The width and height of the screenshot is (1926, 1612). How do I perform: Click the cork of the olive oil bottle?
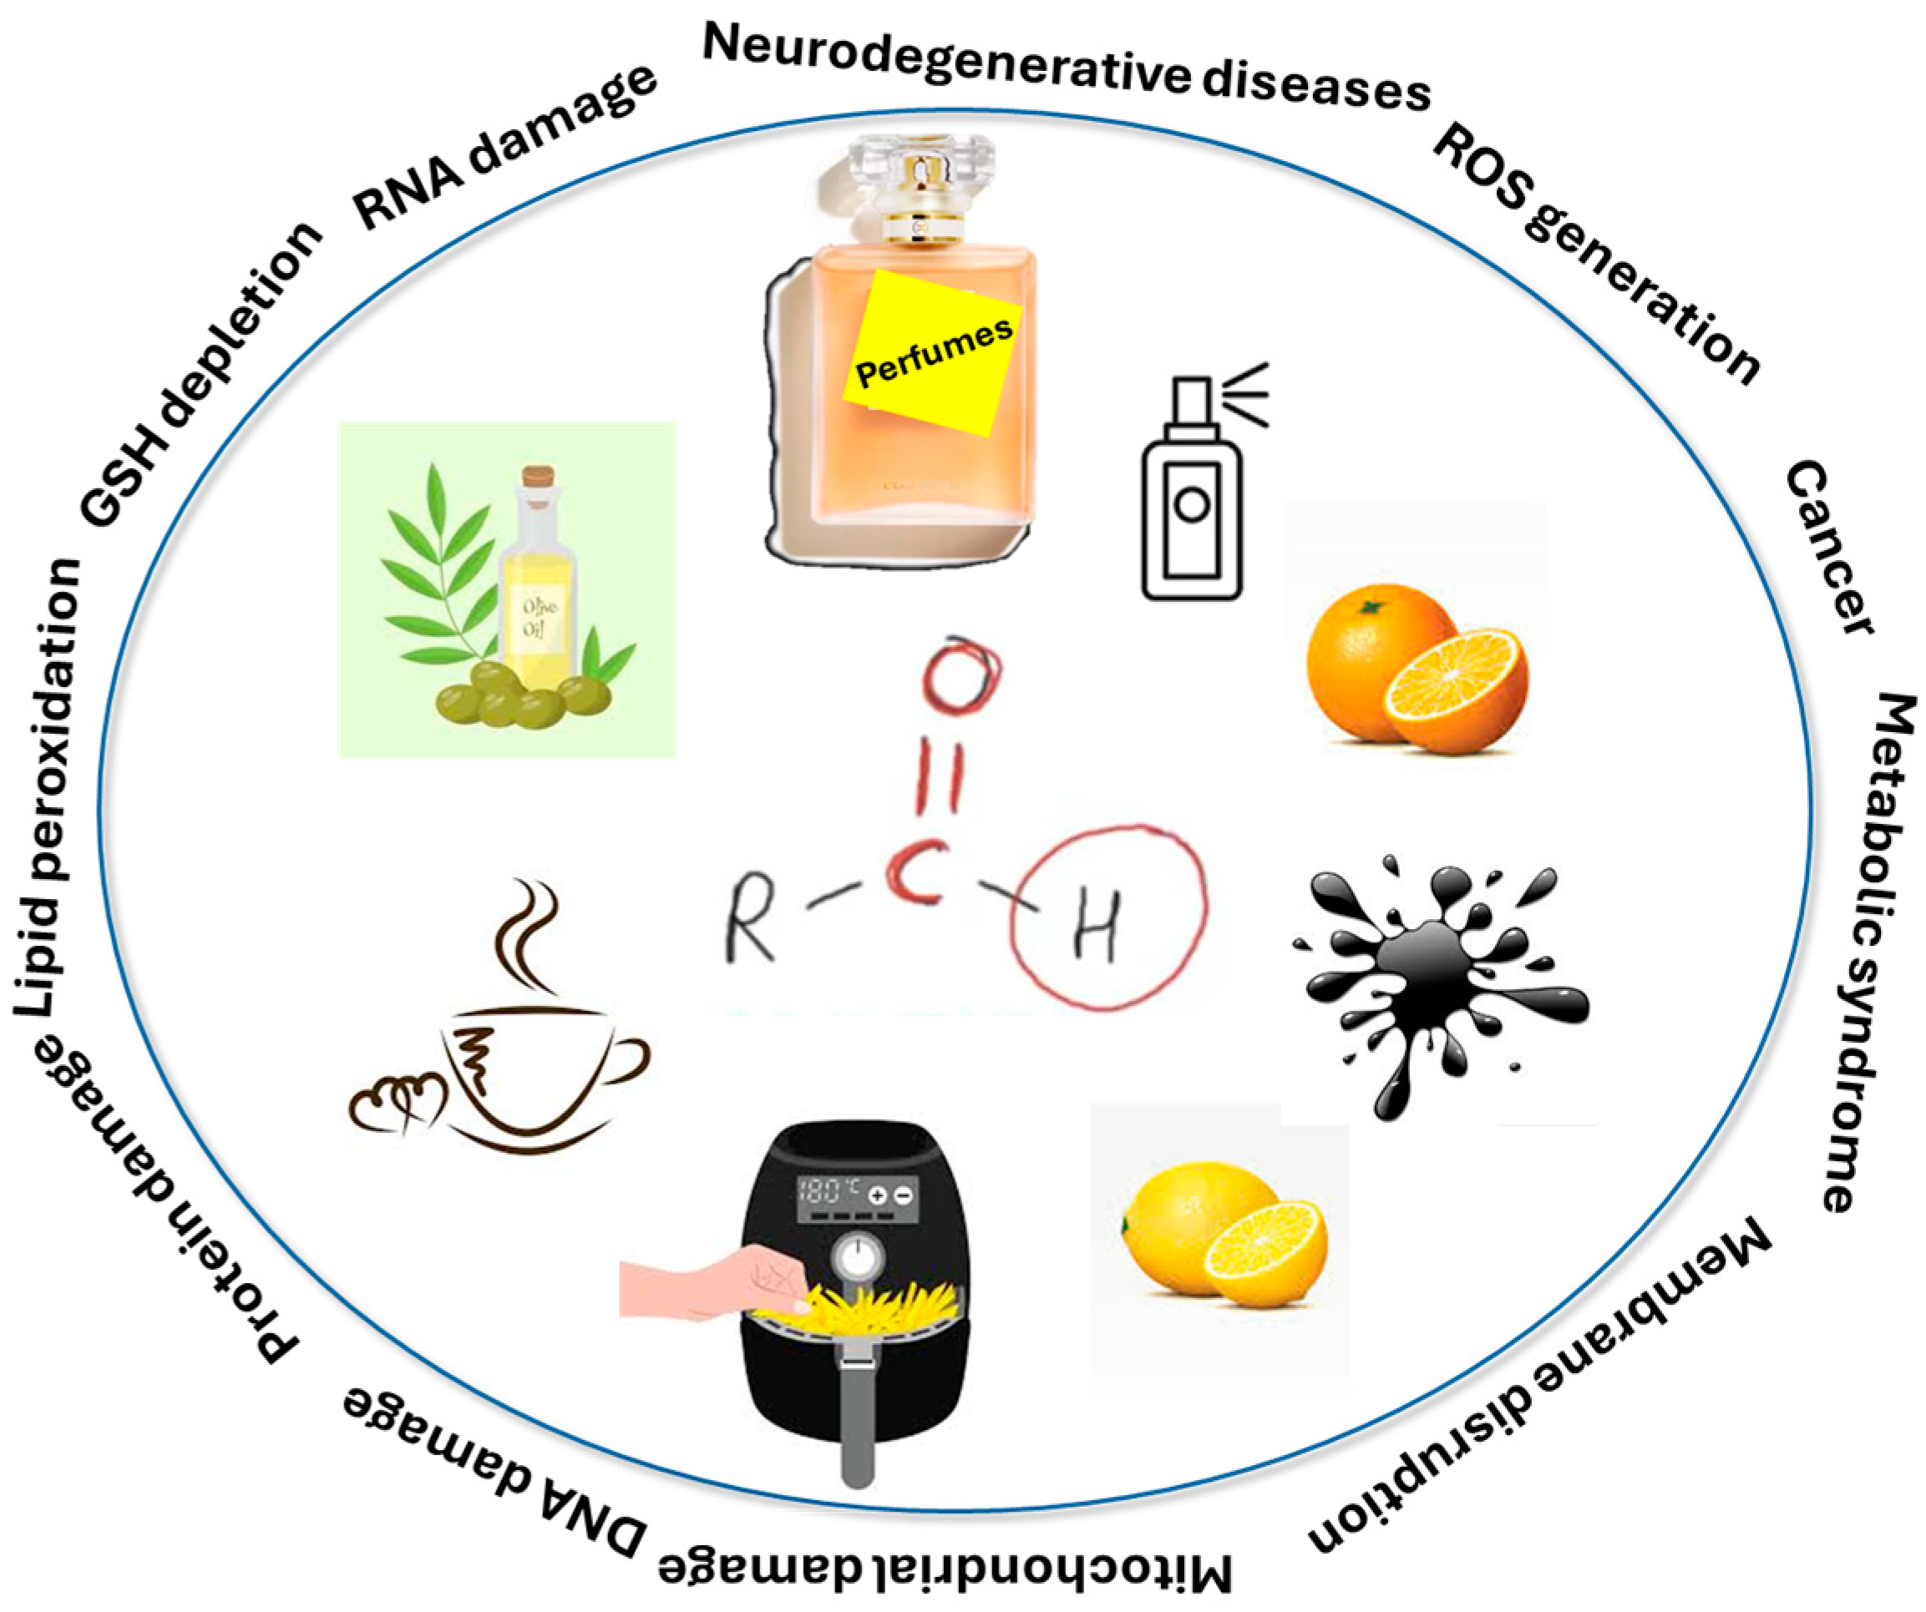point(539,483)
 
